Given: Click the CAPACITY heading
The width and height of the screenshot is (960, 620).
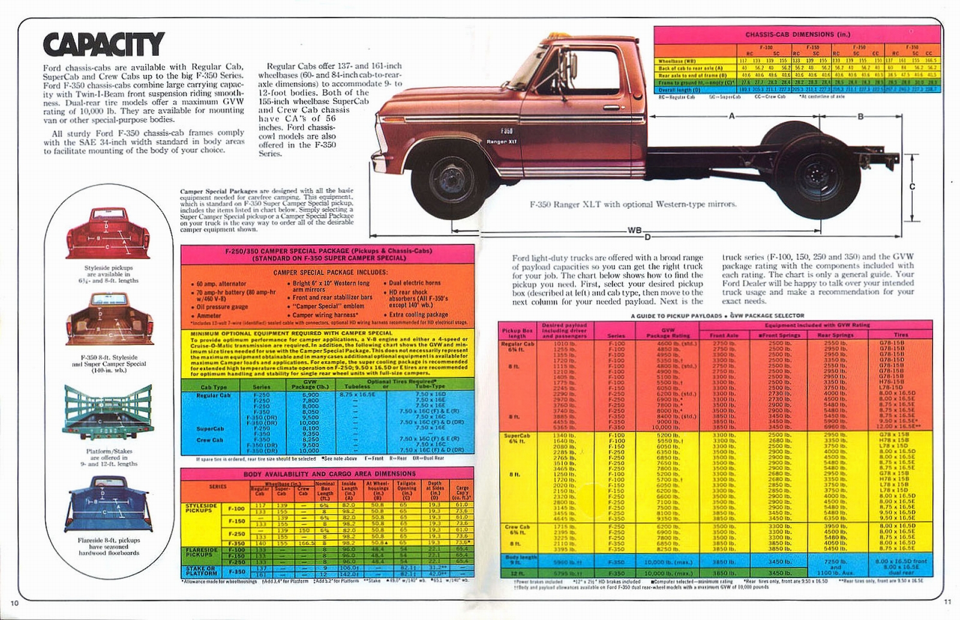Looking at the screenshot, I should (x=103, y=44).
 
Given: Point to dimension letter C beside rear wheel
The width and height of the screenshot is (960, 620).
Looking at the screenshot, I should (x=912, y=187).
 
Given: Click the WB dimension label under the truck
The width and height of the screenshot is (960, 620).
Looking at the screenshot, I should (x=635, y=230).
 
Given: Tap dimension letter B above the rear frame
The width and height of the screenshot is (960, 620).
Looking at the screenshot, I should (x=860, y=116).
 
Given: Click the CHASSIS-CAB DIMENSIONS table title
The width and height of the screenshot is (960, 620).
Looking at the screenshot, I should (x=797, y=35).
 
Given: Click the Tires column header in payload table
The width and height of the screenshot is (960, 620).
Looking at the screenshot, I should (x=901, y=335).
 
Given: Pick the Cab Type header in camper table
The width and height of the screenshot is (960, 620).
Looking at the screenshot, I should (x=214, y=387).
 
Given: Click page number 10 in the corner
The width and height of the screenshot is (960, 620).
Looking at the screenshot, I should (x=15, y=603).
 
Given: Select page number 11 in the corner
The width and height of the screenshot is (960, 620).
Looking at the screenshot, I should (x=947, y=602).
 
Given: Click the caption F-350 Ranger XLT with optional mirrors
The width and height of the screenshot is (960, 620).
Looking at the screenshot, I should (x=633, y=204).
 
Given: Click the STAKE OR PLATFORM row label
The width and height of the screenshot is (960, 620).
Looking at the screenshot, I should (x=201, y=570).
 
